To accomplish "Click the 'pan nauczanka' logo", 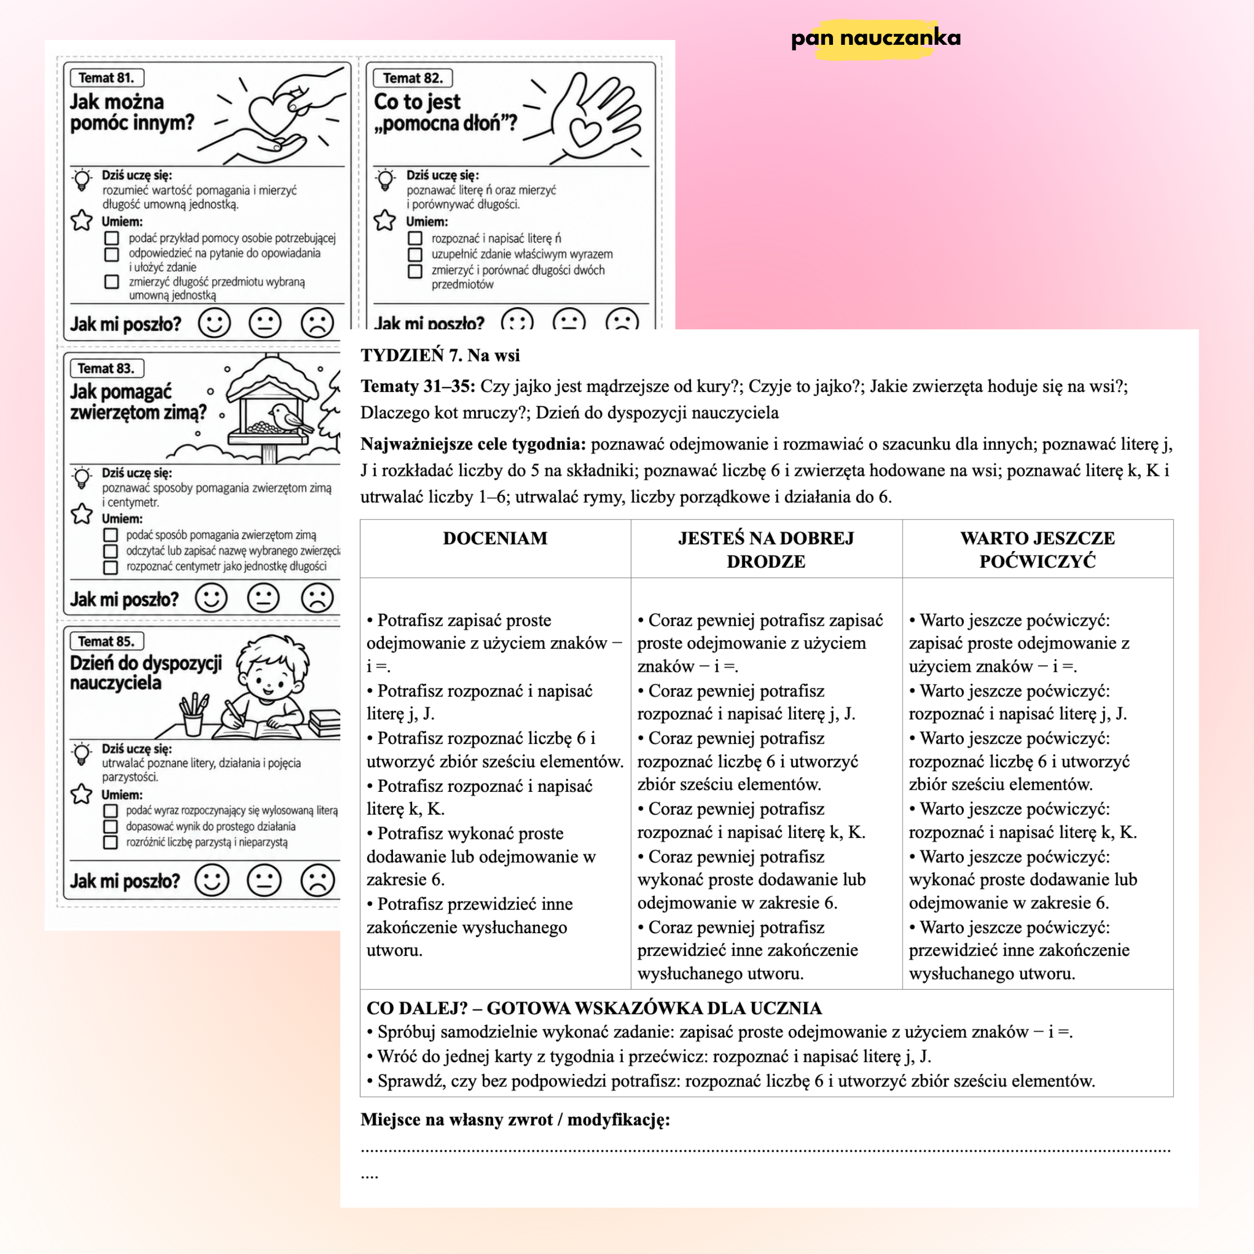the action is pos(876,38).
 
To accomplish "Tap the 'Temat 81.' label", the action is pos(106,78).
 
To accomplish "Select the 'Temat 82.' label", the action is pos(412,78).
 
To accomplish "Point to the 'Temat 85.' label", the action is pos(106,641).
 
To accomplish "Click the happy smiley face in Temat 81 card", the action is pos(214,322).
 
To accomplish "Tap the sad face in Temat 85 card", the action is pos(317,881).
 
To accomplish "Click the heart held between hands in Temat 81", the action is pos(272,114).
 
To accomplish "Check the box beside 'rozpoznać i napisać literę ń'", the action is pos(415,238).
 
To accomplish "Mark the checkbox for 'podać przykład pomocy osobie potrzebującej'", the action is pos(112,238).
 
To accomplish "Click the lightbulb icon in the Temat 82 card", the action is pos(386,180).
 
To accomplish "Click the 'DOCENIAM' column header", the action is pos(495,538).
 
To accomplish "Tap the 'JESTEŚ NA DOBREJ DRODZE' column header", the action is pos(766,550).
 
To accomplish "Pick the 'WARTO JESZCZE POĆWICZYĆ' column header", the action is pos(1037,550).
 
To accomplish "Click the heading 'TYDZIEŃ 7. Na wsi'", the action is pos(440,355).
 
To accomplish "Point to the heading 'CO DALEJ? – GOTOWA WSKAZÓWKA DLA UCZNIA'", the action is pos(594,1008).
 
